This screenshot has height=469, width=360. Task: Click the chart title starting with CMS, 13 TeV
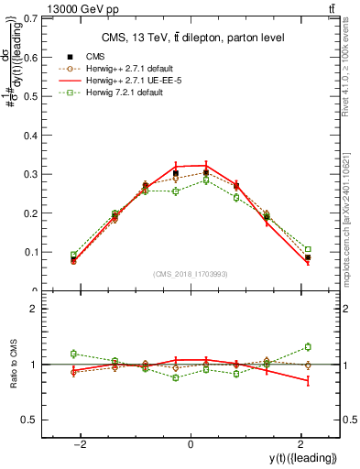point(191,38)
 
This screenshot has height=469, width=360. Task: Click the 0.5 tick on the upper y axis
point(35,95)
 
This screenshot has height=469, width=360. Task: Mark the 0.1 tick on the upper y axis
point(35,252)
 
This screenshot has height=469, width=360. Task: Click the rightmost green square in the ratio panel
point(308,346)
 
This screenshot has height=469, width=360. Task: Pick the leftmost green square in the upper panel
point(73,255)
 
